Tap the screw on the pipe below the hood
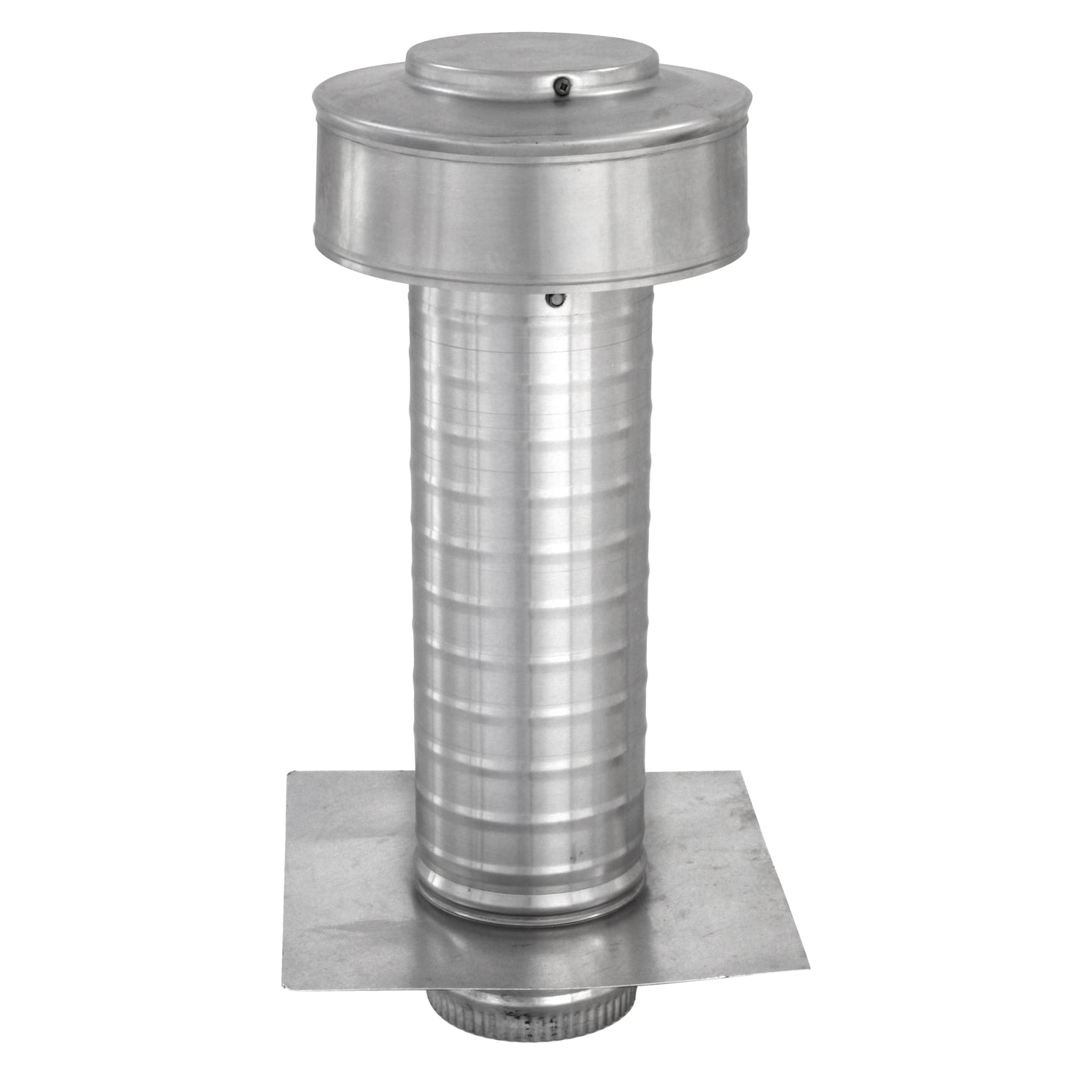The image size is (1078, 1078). pos(554,300)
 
